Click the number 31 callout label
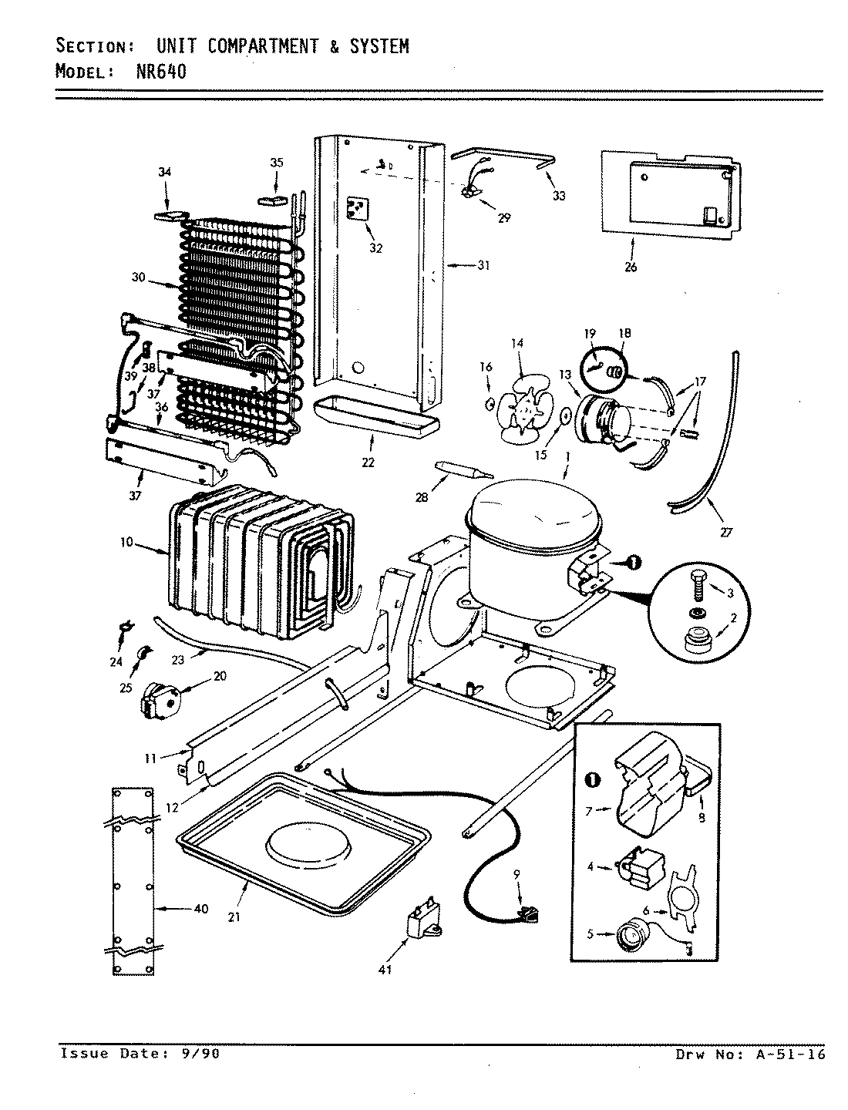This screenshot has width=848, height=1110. coord(483,266)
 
